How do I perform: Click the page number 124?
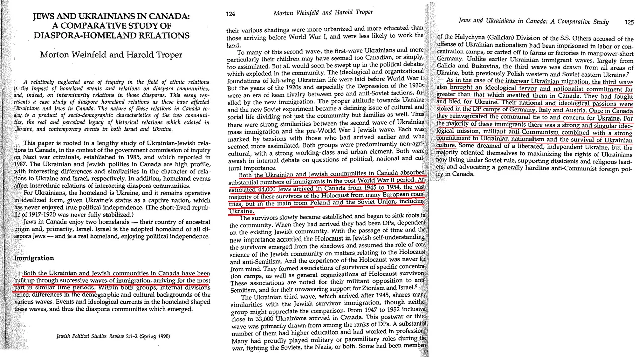(231, 13)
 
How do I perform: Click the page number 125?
(629, 22)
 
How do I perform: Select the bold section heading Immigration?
(34, 258)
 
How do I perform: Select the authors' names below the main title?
(111, 55)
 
